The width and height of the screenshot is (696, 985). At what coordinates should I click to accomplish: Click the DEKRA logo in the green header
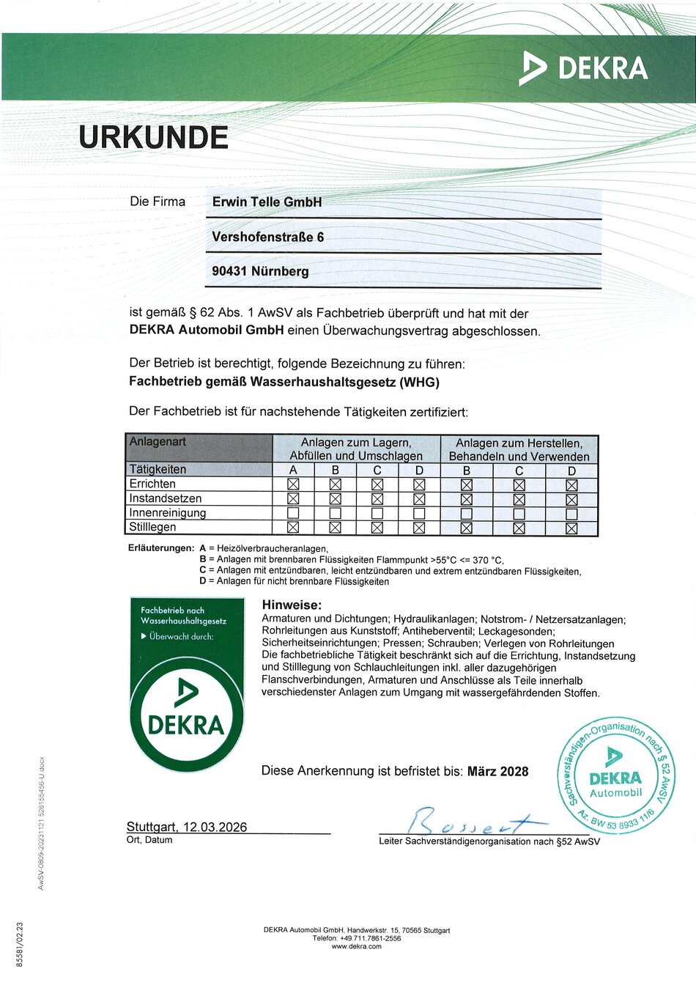[x=584, y=69]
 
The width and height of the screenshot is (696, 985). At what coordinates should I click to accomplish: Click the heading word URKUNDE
[x=153, y=137]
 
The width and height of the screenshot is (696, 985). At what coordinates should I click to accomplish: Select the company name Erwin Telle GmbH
[x=267, y=202]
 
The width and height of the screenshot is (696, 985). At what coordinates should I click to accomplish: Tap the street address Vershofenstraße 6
[x=267, y=237]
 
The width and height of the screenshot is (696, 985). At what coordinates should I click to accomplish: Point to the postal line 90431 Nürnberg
[x=260, y=271]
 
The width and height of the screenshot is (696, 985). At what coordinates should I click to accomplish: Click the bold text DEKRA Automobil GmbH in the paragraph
[x=206, y=330]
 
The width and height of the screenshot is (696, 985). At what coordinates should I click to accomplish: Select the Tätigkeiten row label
[x=158, y=469]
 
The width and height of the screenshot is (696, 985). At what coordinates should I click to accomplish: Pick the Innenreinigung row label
[x=167, y=513]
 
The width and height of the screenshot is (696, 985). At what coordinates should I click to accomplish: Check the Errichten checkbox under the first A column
[x=293, y=484]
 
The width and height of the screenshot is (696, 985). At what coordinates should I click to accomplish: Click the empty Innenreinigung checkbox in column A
[x=293, y=513]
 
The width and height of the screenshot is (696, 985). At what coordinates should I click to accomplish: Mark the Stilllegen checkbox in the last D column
[x=571, y=528]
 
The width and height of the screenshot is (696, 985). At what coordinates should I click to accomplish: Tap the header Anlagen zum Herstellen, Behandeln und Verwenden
[x=519, y=449]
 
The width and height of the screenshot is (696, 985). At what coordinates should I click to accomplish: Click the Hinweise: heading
[x=292, y=605]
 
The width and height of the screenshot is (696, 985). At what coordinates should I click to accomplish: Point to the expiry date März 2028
[x=497, y=771]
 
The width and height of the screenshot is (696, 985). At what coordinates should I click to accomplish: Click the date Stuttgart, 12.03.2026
[x=187, y=827]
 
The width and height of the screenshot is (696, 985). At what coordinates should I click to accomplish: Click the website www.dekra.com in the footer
[x=356, y=946]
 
